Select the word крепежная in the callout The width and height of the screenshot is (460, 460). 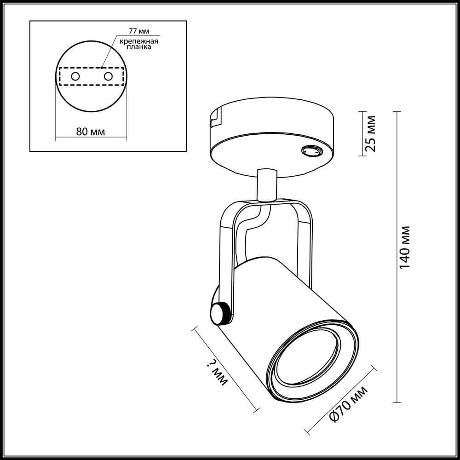139,41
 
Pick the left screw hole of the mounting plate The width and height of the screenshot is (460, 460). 75,76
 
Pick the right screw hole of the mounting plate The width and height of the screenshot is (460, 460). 108,76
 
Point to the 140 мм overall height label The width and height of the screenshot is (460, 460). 405,247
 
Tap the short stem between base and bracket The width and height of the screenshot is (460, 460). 267,184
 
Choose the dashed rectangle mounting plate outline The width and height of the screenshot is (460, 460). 92,76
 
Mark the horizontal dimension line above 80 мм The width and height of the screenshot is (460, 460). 92,138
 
